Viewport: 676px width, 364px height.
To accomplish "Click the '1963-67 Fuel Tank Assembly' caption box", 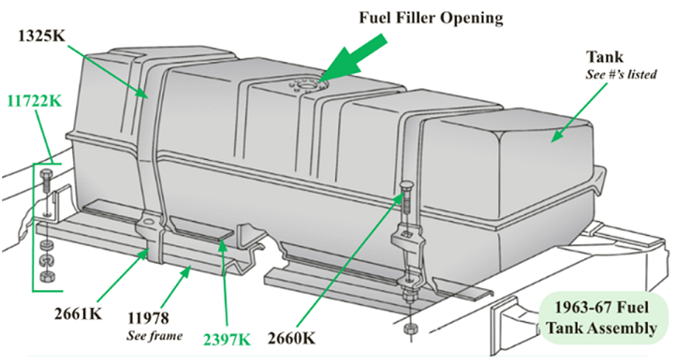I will pos(605,321).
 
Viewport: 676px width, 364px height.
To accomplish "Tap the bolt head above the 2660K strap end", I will pos(405,186).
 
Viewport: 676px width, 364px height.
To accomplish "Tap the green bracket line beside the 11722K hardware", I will pos(34,225).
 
